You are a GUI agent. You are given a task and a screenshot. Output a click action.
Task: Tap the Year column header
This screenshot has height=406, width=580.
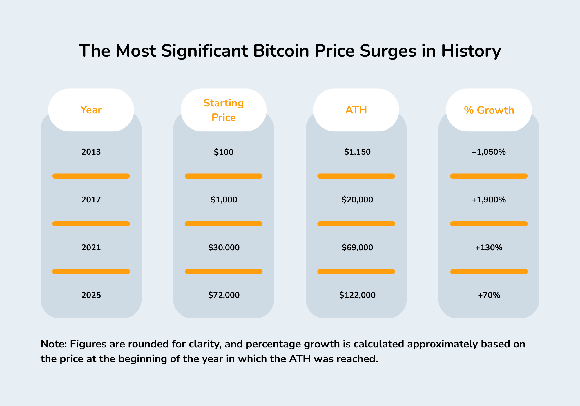point(91,110)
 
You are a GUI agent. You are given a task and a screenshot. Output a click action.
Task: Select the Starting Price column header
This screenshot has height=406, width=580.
point(224,110)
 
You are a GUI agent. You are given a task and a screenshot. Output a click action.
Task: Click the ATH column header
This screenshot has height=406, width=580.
point(356,110)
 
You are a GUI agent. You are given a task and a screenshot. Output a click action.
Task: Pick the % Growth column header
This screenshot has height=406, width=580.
point(489,110)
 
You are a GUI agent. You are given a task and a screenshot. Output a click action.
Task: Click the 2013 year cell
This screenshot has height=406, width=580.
point(91,152)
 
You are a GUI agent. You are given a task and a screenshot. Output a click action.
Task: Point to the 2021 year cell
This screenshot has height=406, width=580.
point(91,248)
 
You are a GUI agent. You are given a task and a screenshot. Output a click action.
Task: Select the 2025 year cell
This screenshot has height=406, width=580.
point(91,295)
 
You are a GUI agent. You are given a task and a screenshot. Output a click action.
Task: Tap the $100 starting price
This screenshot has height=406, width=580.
point(224,152)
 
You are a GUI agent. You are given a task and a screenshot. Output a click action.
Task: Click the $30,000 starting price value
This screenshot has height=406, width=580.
point(224,248)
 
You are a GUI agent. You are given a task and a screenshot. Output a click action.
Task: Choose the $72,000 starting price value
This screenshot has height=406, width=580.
point(224,295)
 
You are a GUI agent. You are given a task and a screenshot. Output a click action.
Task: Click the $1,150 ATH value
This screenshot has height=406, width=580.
point(357,152)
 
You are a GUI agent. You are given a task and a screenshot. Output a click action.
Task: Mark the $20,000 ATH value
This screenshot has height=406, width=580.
point(357,200)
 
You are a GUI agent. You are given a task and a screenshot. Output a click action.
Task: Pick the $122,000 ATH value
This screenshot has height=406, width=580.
point(357,295)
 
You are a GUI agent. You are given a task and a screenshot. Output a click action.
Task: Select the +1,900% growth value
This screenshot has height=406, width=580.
point(489,200)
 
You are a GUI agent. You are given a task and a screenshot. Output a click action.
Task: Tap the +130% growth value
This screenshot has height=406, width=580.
point(489,248)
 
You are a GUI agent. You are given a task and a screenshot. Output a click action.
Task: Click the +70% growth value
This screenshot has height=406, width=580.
point(489,295)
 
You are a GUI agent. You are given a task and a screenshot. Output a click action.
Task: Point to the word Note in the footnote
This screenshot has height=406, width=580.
point(54,344)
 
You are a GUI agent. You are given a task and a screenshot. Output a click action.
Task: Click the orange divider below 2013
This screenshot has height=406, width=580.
point(91,176)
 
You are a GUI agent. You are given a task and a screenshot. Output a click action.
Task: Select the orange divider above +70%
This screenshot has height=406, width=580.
point(489,272)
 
